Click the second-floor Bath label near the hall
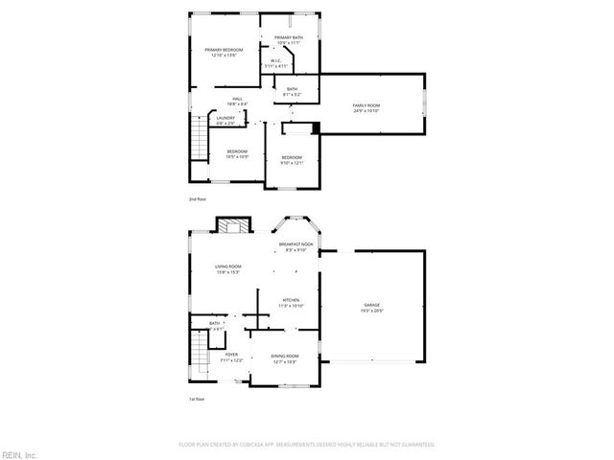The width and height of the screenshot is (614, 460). [x=291, y=92]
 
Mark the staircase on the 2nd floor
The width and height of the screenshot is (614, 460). [x=198, y=140]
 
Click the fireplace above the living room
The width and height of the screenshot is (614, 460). [x=232, y=225]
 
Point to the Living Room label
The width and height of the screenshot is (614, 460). [x=227, y=269]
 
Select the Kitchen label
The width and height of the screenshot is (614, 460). [x=291, y=303]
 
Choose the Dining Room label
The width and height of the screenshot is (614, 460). [x=285, y=358]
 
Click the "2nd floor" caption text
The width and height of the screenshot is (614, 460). [x=199, y=199]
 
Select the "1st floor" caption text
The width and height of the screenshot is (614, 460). [x=198, y=399]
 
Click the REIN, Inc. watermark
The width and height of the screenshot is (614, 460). [x=19, y=453]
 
